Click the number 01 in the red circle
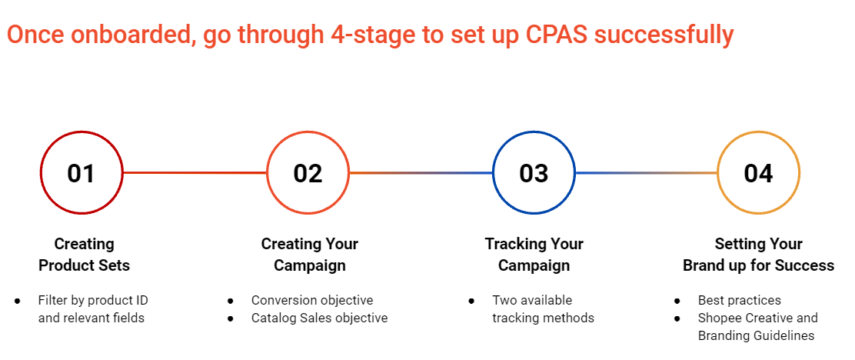82,173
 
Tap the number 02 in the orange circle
308,173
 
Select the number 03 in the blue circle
534,173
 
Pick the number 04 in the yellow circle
758,173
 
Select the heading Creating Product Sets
84,254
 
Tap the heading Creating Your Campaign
310,254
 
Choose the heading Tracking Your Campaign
534,254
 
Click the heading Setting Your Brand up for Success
758,254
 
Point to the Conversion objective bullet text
312,300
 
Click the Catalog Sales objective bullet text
320,318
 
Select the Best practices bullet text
740,300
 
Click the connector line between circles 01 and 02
195,173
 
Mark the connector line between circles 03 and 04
646,173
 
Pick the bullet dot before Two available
471,301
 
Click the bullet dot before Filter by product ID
18,301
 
